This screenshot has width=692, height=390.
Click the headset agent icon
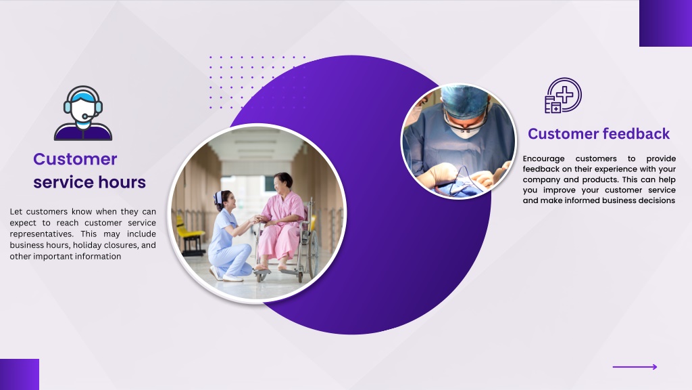pos(83,113)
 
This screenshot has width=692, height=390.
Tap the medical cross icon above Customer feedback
pos(563,95)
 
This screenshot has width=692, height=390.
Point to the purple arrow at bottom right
pos(635,366)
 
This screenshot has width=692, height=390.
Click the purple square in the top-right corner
pos(666,23)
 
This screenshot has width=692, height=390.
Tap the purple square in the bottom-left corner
pos(20,374)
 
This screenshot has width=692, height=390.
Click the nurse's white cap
pos(218,198)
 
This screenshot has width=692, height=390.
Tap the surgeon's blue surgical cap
pos(465,100)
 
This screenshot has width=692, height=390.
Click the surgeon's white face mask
pos(464,131)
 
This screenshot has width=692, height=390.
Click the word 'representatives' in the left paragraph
pos(38,234)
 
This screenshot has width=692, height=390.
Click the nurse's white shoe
pos(233,278)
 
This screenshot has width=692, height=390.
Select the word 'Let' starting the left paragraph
pos(16,212)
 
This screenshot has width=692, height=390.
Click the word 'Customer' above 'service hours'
pos(75,158)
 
